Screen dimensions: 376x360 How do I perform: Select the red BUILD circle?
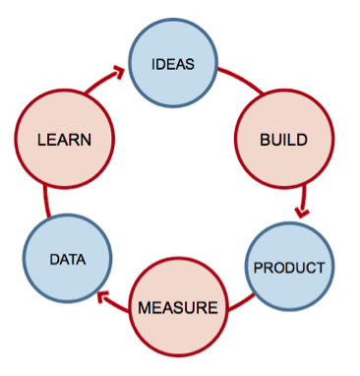click(x=283, y=139)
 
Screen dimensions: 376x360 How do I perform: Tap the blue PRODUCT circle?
click(x=289, y=267)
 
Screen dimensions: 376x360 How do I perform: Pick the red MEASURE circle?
click(x=177, y=307)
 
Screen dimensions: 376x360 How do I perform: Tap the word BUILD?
click(x=283, y=139)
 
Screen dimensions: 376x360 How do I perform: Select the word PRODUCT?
click(x=289, y=267)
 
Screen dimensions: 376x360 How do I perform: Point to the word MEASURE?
click(x=177, y=307)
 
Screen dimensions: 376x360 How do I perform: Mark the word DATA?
click(x=68, y=260)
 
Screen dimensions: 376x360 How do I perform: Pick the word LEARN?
click(x=64, y=139)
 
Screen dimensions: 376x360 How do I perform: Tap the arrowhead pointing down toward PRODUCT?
click(x=302, y=213)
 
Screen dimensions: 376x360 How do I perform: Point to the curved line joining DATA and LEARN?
click(x=45, y=202)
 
